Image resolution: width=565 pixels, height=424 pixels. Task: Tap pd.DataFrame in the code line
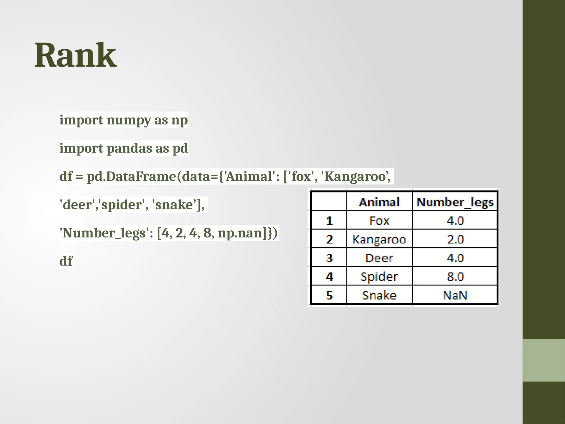(131, 176)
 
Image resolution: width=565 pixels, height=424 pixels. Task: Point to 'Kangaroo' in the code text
(356, 176)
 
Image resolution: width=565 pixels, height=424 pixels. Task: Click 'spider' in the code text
(123, 205)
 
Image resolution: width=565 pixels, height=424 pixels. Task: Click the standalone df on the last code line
(66, 261)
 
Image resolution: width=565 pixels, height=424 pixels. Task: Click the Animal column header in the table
(379, 202)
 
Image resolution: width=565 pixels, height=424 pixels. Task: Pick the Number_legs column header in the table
(455, 202)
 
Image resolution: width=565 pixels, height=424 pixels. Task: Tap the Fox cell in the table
(379, 221)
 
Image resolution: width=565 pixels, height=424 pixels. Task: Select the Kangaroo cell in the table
(379, 239)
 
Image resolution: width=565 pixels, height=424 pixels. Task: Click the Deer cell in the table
(379, 258)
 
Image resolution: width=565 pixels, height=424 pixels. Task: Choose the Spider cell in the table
(379, 277)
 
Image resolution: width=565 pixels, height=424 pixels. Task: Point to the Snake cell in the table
(379, 295)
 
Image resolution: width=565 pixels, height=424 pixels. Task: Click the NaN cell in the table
(455, 295)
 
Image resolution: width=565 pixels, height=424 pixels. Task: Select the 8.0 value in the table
(455, 277)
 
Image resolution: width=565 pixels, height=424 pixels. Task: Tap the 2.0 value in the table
(455, 239)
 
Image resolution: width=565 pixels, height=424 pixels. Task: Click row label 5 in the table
(329, 295)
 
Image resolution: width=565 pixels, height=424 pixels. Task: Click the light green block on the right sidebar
(543, 360)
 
